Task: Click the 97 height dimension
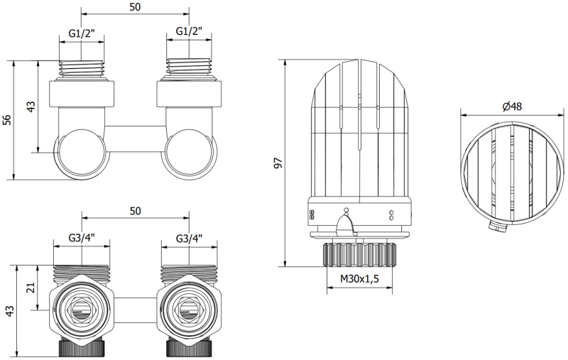(278, 163)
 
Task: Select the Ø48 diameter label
(512, 106)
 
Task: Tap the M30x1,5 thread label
(359, 278)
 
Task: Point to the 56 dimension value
(7, 119)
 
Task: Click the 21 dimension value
(31, 288)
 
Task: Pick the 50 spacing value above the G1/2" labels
(135, 7)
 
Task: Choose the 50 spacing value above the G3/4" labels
(135, 211)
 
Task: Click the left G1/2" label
(82, 33)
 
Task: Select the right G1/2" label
(189, 31)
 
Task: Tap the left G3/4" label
(82, 238)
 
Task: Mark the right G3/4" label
(189, 238)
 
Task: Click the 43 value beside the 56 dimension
(31, 107)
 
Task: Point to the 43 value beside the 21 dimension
(10, 311)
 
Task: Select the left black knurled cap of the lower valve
(82, 348)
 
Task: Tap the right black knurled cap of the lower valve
(189, 348)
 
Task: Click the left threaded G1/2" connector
(82, 68)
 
